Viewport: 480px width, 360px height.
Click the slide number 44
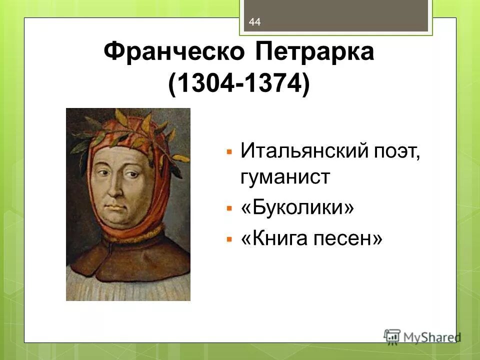[254, 21]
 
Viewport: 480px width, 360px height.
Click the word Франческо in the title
[173, 52]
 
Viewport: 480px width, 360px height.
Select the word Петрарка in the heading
[314, 52]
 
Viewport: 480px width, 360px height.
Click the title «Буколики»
[297, 208]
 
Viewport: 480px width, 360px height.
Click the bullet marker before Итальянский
[229, 150]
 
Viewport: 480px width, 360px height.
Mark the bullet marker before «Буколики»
[229, 208]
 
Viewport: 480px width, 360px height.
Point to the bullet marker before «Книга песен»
[229, 239]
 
